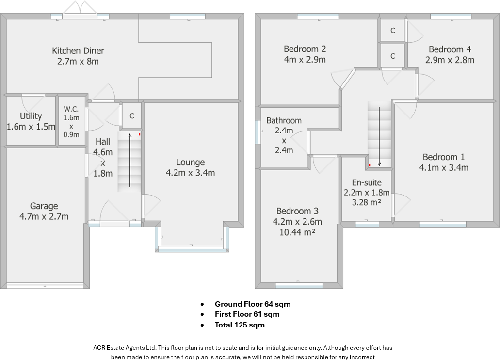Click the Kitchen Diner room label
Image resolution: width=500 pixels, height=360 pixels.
[x=78, y=50]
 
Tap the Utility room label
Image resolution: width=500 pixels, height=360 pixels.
[x=31, y=116]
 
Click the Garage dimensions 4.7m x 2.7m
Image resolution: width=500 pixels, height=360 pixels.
[x=44, y=216]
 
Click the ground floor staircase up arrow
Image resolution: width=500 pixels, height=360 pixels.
[x=130, y=160]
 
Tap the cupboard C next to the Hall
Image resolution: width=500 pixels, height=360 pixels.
[x=132, y=116]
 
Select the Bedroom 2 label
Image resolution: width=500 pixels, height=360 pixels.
[x=305, y=49]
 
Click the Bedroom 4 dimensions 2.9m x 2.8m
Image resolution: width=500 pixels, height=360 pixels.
[x=450, y=60]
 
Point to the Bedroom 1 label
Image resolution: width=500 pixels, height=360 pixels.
[x=443, y=157]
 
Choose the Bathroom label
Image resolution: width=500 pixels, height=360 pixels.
[x=284, y=120]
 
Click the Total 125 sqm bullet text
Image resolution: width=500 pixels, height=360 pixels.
[x=240, y=325]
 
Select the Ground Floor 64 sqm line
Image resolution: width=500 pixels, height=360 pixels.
[x=253, y=304]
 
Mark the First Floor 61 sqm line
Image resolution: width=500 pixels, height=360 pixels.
[x=247, y=314]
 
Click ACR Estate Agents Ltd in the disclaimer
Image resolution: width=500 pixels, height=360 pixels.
[x=125, y=348]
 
